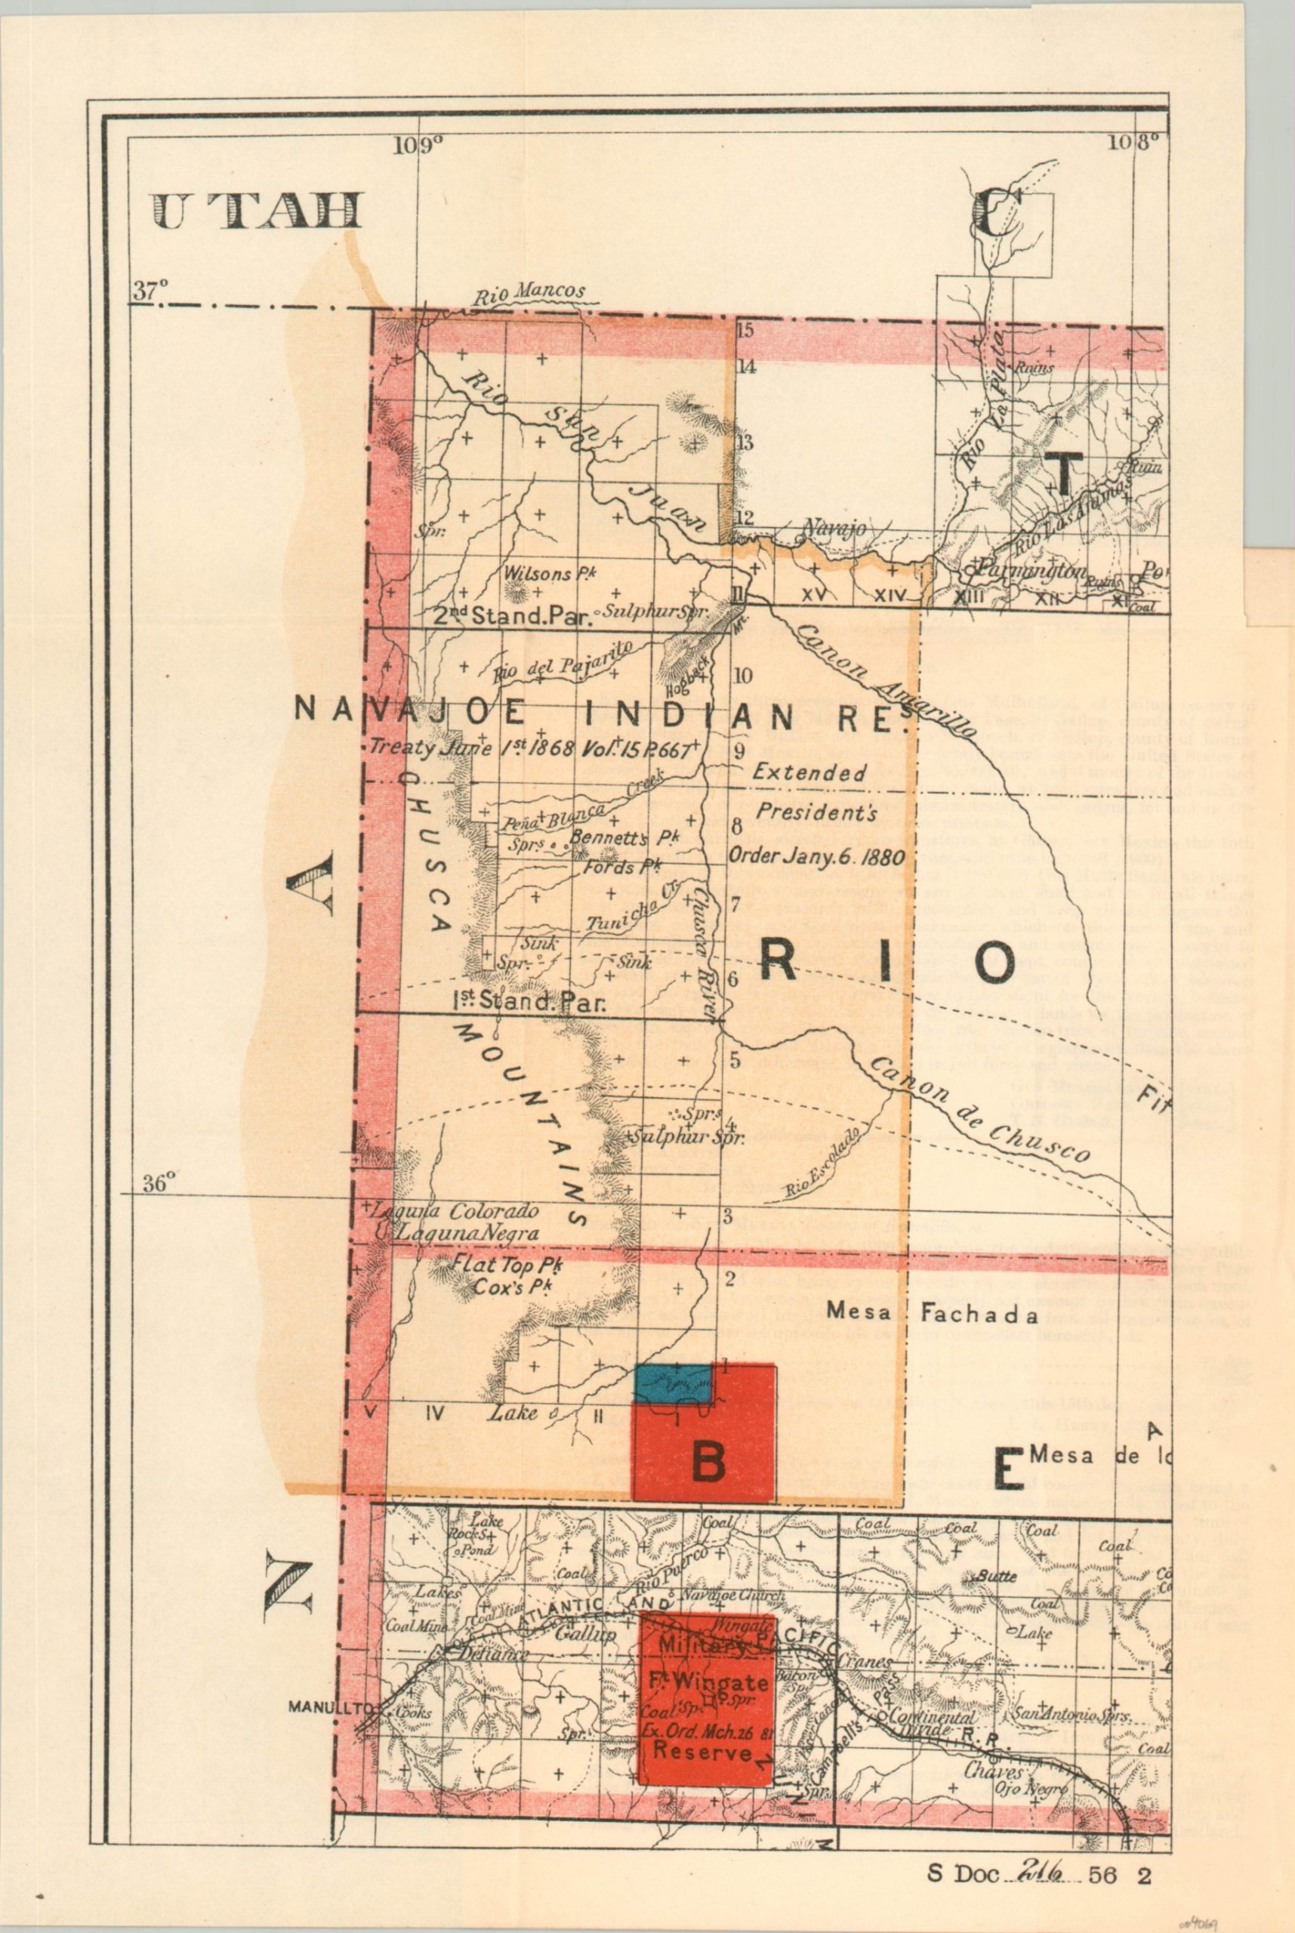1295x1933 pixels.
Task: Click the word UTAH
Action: click(x=257, y=212)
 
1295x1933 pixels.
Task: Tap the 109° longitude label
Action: click(x=421, y=146)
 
